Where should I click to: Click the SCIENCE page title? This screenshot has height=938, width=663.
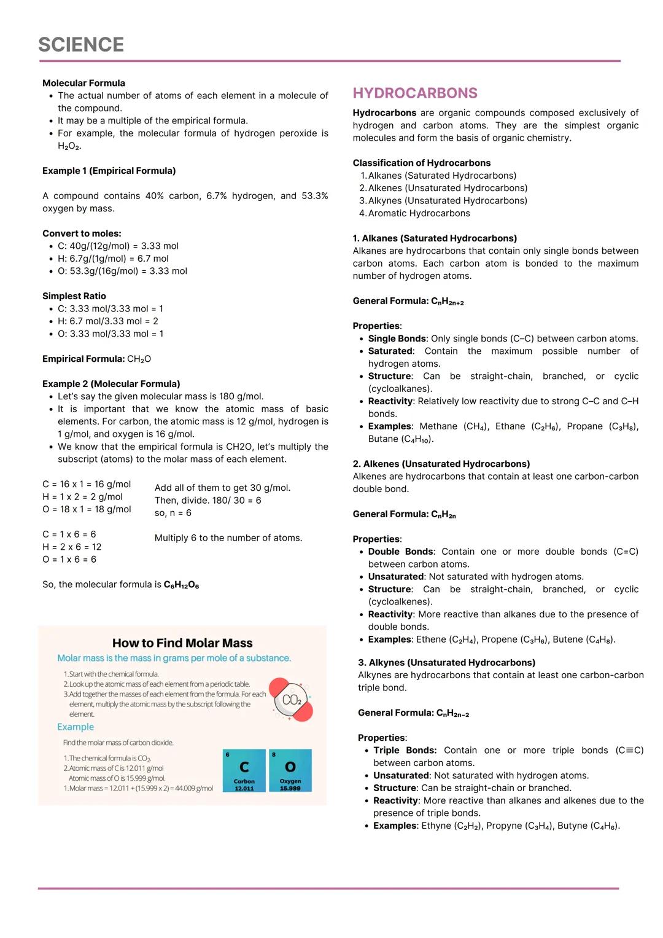[x=81, y=45]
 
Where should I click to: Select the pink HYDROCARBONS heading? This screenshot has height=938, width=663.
[x=415, y=93]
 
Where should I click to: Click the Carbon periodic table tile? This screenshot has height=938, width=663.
[x=244, y=770]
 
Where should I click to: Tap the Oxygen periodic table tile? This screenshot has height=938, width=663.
[x=290, y=770]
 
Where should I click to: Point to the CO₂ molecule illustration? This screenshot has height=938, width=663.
[x=292, y=700]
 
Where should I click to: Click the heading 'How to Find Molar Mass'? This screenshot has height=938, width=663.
[x=182, y=643]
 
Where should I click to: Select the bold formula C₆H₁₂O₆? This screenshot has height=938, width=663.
[x=181, y=585]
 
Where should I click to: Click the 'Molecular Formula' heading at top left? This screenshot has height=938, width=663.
[x=83, y=83]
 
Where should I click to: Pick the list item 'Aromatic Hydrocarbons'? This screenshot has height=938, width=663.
[x=419, y=213]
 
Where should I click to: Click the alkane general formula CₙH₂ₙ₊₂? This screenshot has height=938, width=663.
[x=447, y=301]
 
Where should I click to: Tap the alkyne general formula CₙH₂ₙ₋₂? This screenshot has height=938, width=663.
[x=452, y=713]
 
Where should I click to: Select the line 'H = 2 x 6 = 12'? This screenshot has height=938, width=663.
[x=72, y=547]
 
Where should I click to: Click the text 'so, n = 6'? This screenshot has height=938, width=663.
[x=173, y=513]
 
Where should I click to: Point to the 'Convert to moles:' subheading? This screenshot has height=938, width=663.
[x=82, y=233]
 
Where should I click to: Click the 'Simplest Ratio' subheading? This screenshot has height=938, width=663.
[x=74, y=296]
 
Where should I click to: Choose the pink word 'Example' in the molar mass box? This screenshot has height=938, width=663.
[x=76, y=727]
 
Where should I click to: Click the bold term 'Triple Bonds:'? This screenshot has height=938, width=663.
[x=405, y=750]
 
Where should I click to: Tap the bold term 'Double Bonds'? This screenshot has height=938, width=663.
[x=400, y=552]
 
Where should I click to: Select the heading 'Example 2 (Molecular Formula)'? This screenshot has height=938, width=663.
[x=111, y=384]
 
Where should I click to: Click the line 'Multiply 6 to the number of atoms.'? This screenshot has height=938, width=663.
[x=228, y=538]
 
